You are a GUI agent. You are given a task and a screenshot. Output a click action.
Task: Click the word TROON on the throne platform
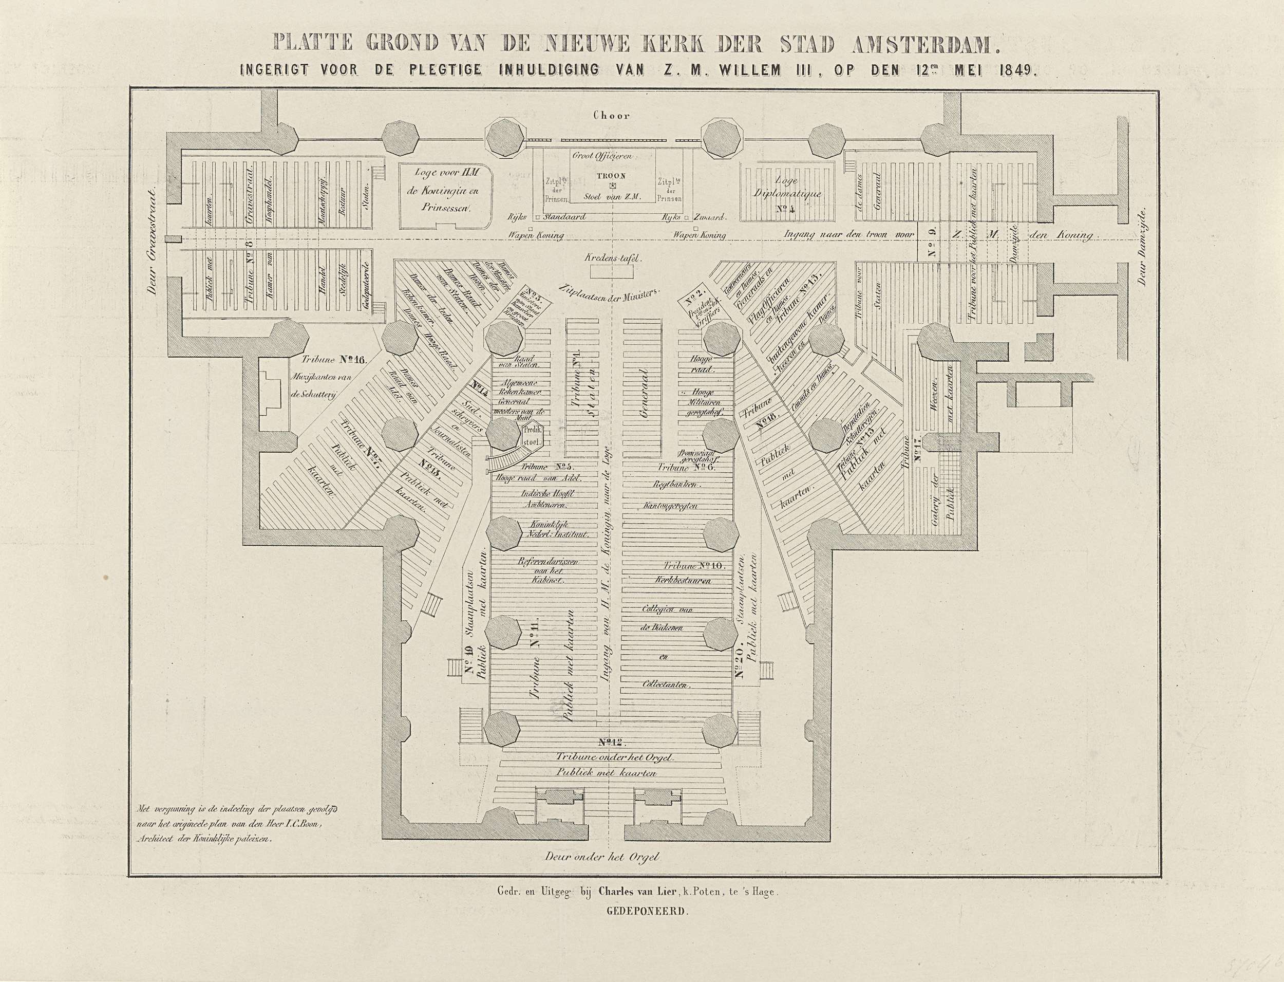(x=612, y=175)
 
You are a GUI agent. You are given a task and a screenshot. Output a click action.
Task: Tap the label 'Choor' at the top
(x=612, y=115)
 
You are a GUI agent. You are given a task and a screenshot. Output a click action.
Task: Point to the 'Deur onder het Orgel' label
(x=602, y=857)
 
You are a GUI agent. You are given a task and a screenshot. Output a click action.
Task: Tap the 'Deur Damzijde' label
(x=1143, y=247)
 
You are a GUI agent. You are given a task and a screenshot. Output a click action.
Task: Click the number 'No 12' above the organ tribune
(x=612, y=743)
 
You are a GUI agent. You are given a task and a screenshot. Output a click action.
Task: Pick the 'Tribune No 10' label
(x=694, y=565)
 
